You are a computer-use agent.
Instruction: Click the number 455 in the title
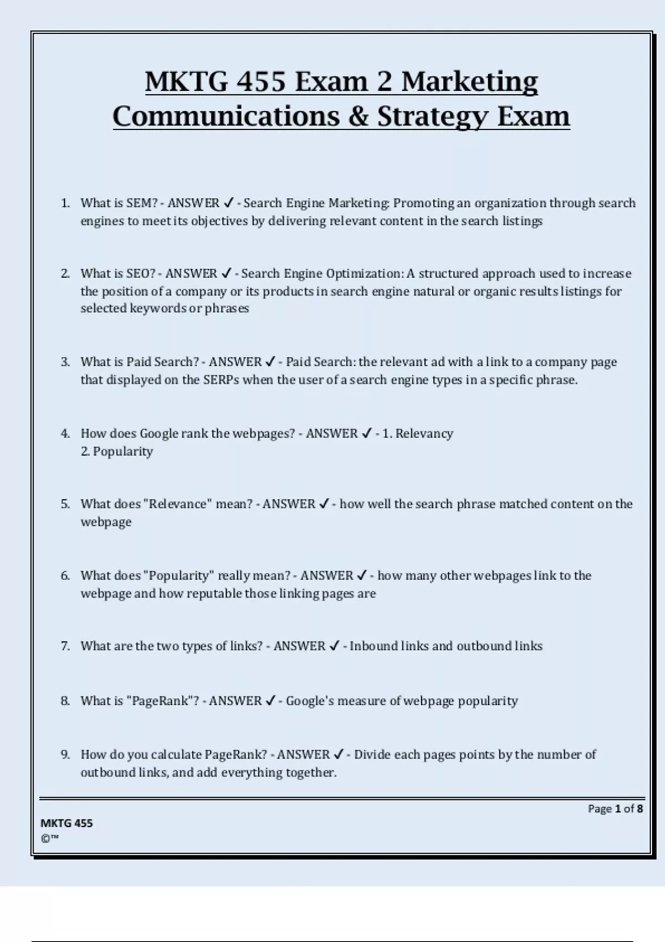pos(261,82)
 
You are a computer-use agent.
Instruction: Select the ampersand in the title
pos(359,117)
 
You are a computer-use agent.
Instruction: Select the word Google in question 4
pos(158,434)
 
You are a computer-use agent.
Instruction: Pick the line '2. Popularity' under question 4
pos(116,452)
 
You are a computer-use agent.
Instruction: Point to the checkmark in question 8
pos(270,701)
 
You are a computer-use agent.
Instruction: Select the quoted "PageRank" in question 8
pos(160,701)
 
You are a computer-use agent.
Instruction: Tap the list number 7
pos(65,646)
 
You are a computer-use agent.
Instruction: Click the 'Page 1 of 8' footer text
pos(615,808)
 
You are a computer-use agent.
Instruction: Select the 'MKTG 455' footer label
pos(66,823)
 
